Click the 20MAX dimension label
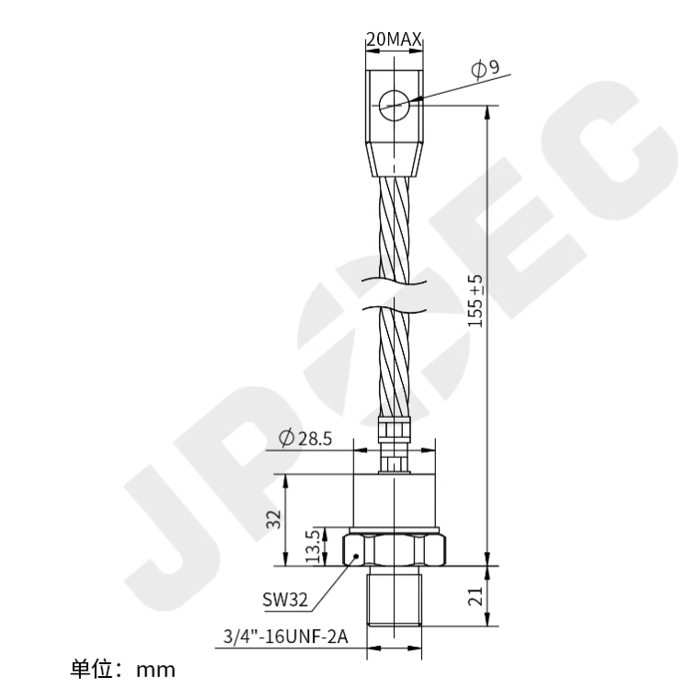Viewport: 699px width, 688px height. (394, 40)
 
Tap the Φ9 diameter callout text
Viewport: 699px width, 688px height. (485, 68)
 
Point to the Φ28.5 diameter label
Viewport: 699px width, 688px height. (307, 436)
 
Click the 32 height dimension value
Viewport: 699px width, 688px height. (273, 521)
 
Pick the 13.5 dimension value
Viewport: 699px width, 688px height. (314, 546)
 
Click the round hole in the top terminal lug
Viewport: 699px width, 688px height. (393, 104)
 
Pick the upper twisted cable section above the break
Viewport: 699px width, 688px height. (394, 225)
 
